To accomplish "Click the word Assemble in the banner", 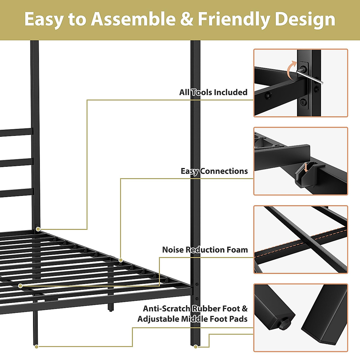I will point(133,19).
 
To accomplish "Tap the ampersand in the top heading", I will point(187,19).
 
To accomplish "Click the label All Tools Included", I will point(213,92).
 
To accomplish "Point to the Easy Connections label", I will point(214,171).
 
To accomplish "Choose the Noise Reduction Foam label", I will point(205,250).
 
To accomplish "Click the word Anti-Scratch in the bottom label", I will point(166,309).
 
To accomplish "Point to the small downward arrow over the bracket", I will point(306,167).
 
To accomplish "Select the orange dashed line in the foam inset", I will point(300,243).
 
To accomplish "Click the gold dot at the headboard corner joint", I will point(38,229).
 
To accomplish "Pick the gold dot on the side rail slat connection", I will point(121,260).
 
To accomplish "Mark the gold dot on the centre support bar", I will point(20,286).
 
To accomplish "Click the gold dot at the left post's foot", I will point(36,347).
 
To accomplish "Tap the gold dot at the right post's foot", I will point(196,347).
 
